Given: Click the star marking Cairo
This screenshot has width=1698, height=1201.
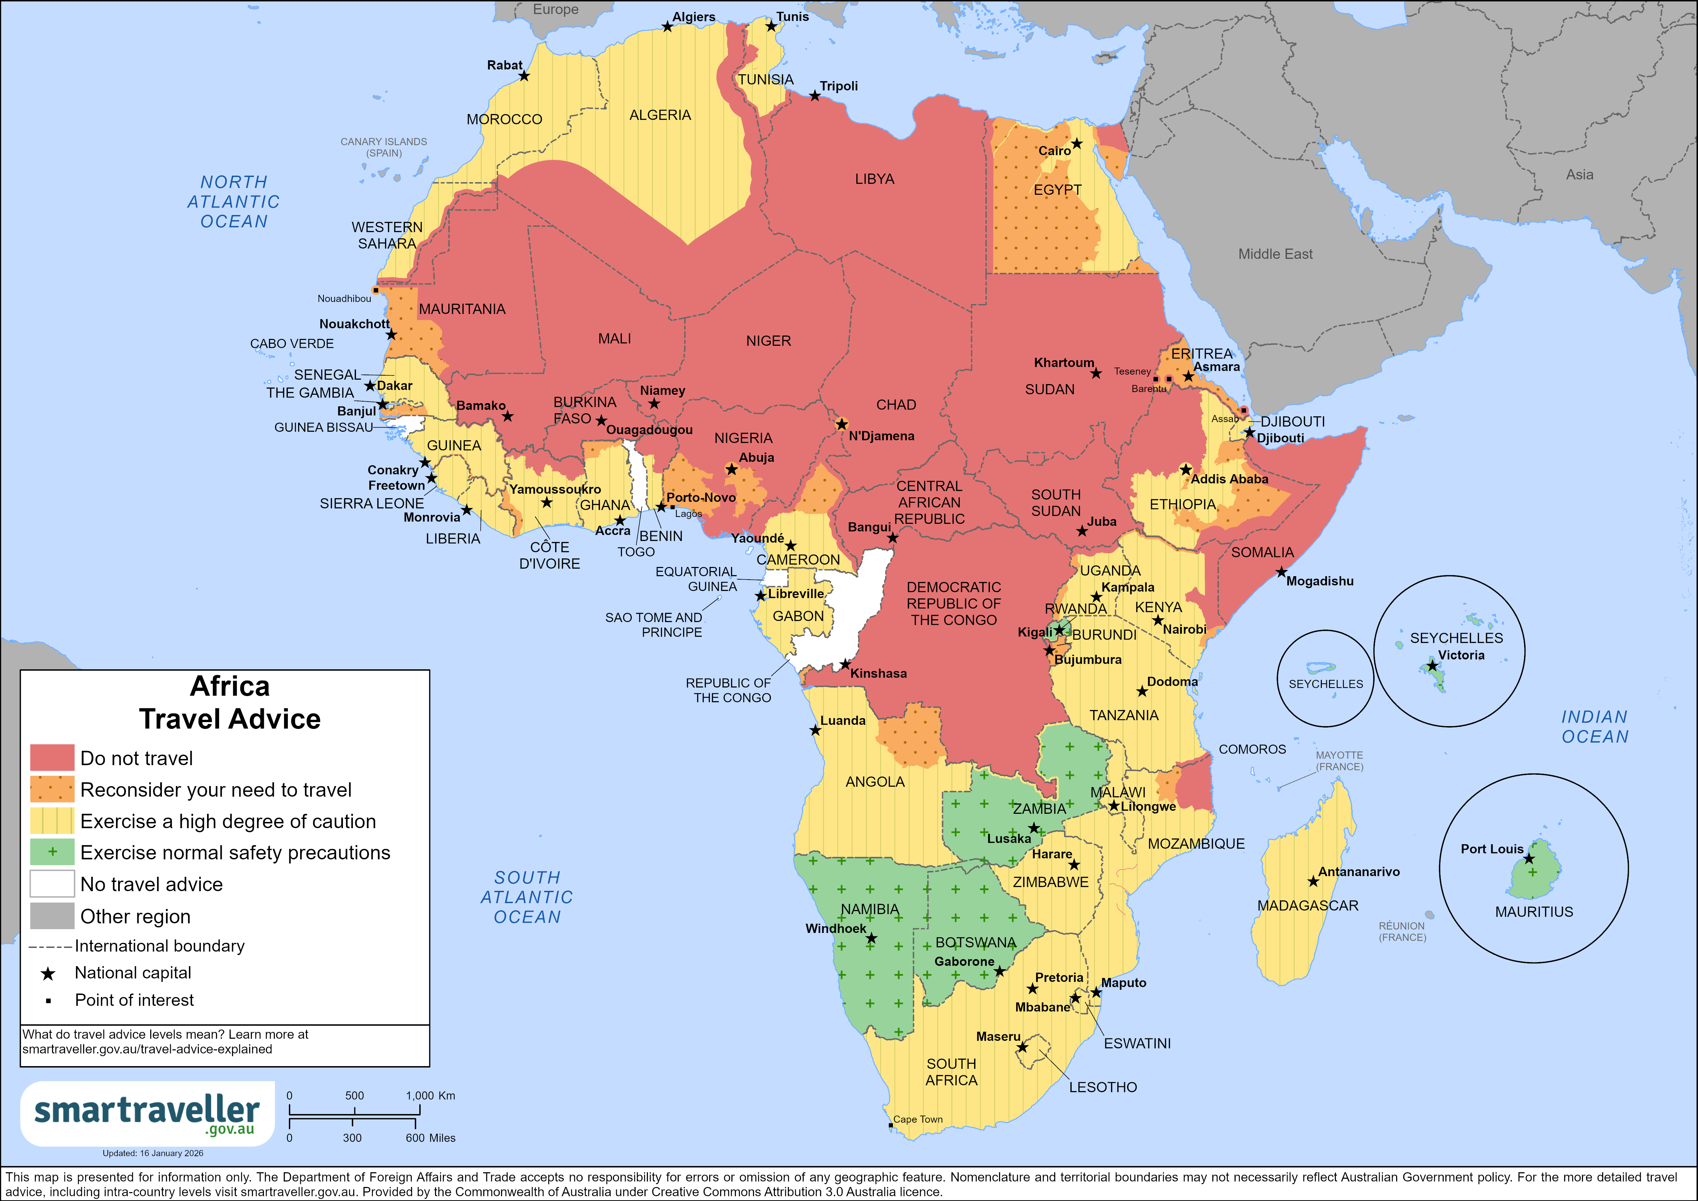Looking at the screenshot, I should point(1077,143).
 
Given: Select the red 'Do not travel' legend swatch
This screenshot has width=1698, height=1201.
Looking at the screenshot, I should point(52,758).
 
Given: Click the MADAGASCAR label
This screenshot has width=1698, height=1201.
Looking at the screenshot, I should point(1307,906).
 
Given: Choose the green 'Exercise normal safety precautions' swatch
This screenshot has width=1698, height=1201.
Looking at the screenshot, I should point(52,852).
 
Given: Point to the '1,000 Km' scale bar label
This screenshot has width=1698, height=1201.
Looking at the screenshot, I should point(431,1095).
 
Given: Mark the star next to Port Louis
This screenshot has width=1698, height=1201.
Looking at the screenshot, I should point(1529,859).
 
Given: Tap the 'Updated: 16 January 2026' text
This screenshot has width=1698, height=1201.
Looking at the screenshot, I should point(152,1153).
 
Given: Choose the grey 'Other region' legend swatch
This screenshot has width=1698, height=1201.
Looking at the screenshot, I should point(52,915).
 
